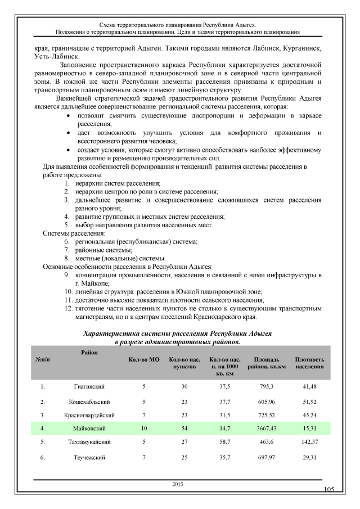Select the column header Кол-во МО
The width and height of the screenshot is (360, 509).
(136, 359)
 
